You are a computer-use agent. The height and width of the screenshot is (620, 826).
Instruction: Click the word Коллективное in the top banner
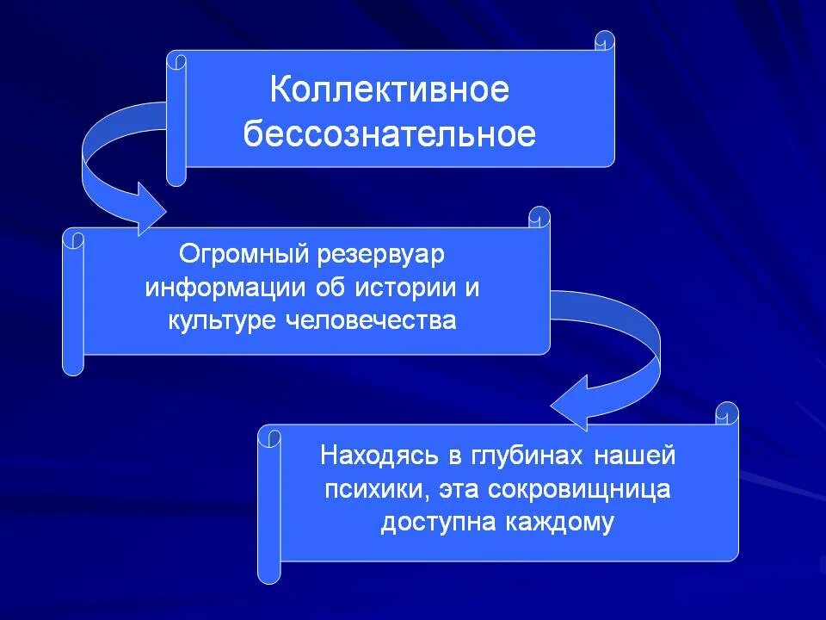pos(389,90)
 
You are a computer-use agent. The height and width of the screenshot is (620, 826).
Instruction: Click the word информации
pos(216,288)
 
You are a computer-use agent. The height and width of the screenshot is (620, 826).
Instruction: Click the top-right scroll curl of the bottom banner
pos(728,413)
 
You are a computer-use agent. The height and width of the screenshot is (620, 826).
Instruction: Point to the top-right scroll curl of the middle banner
pos(539,217)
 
